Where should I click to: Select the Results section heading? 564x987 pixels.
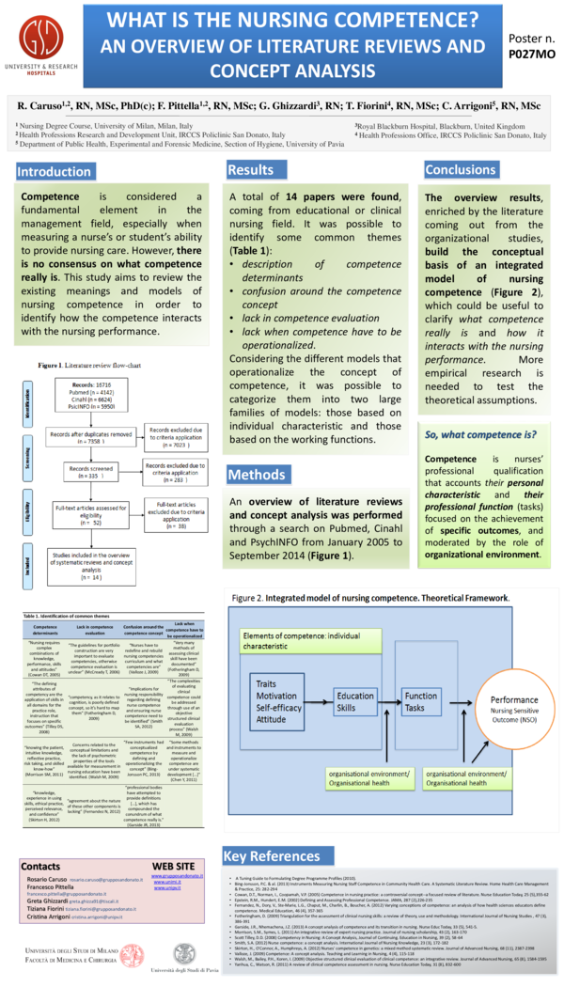coord(249,169)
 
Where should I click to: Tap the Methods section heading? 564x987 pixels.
coord(256,475)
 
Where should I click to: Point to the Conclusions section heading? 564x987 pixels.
coord(460,169)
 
